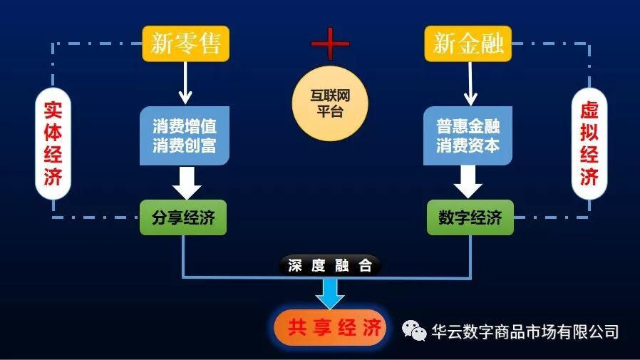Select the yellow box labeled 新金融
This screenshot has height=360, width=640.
click(x=469, y=43)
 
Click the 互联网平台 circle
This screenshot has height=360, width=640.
click(x=330, y=104)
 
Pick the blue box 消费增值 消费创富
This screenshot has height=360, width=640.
click(x=184, y=137)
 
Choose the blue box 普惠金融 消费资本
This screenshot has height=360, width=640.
click(x=469, y=137)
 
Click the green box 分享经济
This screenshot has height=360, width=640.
click(x=184, y=218)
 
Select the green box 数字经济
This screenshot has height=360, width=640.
click(x=470, y=218)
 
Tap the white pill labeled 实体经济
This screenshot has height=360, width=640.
click(x=53, y=144)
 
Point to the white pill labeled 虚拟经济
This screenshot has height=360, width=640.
click(x=589, y=144)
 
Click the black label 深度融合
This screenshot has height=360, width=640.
click(x=330, y=266)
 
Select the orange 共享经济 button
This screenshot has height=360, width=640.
click(x=330, y=328)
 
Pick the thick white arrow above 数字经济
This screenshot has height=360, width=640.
click(x=469, y=182)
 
